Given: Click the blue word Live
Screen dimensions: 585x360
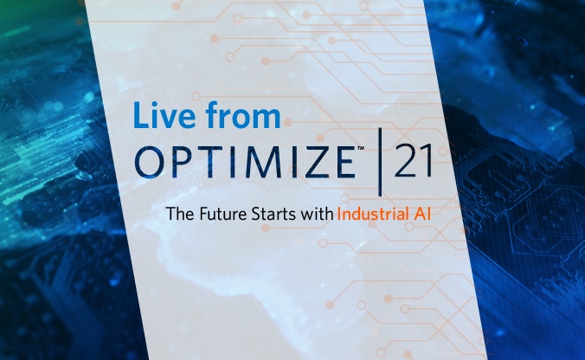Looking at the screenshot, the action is (x=164, y=115).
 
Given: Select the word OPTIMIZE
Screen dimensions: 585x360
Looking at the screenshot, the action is (x=245, y=162).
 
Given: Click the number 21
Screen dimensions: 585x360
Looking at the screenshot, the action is (x=413, y=161).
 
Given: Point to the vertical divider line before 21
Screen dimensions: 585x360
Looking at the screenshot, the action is (x=380, y=162).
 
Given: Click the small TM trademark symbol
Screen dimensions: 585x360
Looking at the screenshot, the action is (x=360, y=149).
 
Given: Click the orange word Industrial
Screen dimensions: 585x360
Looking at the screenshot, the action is (x=373, y=214).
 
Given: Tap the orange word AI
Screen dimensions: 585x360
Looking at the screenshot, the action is (x=422, y=214).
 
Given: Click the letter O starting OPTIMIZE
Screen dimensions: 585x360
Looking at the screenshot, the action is (x=149, y=162).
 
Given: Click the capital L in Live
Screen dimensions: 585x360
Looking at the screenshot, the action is (x=141, y=115).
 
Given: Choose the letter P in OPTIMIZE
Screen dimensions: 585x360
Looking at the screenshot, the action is (x=182, y=162).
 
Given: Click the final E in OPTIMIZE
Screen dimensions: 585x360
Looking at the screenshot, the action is (x=346, y=162).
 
